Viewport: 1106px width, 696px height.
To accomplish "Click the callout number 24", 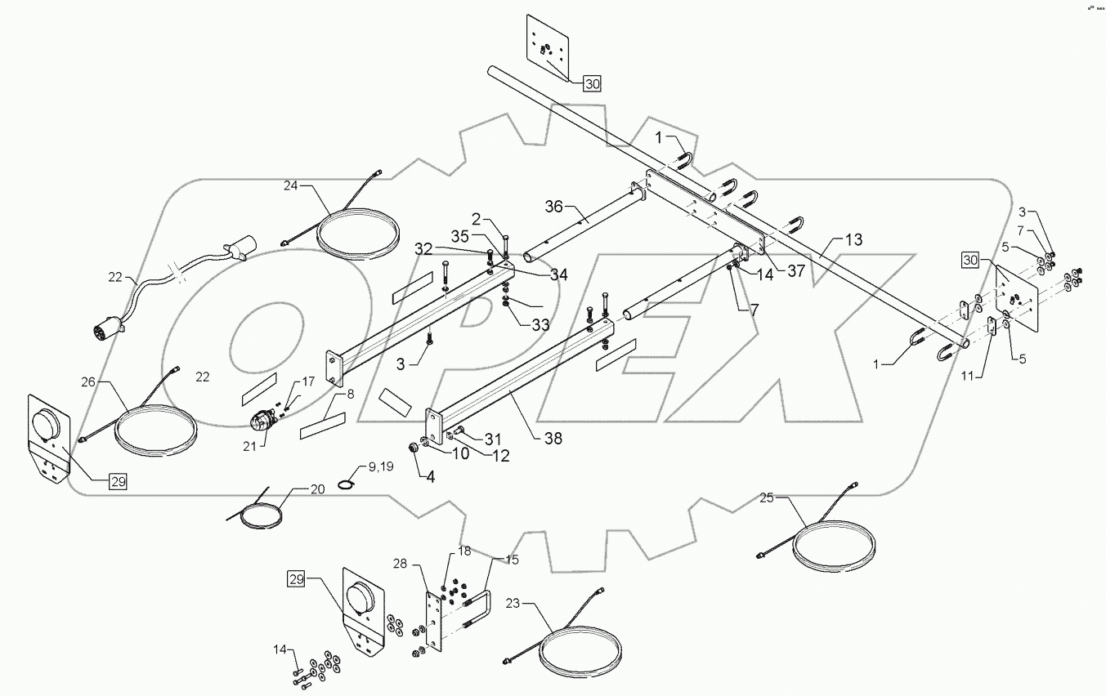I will click(x=293, y=186).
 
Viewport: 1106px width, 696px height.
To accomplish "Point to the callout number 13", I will click(x=853, y=240).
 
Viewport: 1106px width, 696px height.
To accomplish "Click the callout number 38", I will click(x=553, y=438).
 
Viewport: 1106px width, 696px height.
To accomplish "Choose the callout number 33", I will click(x=540, y=324).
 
